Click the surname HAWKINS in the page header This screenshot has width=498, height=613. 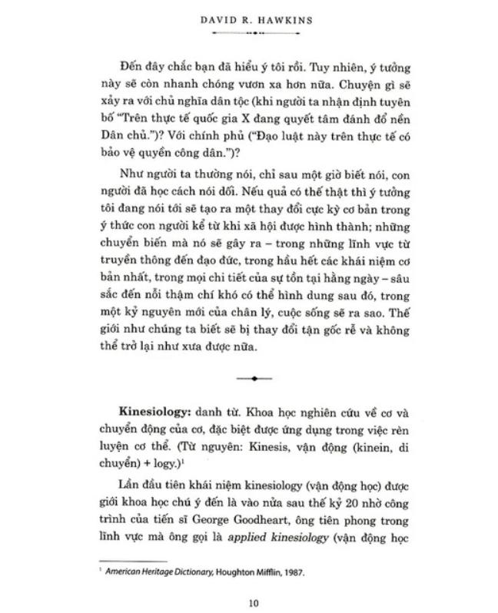(x=284, y=21)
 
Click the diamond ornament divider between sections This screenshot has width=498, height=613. (x=253, y=377)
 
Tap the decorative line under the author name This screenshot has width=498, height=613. (x=253, y=35)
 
